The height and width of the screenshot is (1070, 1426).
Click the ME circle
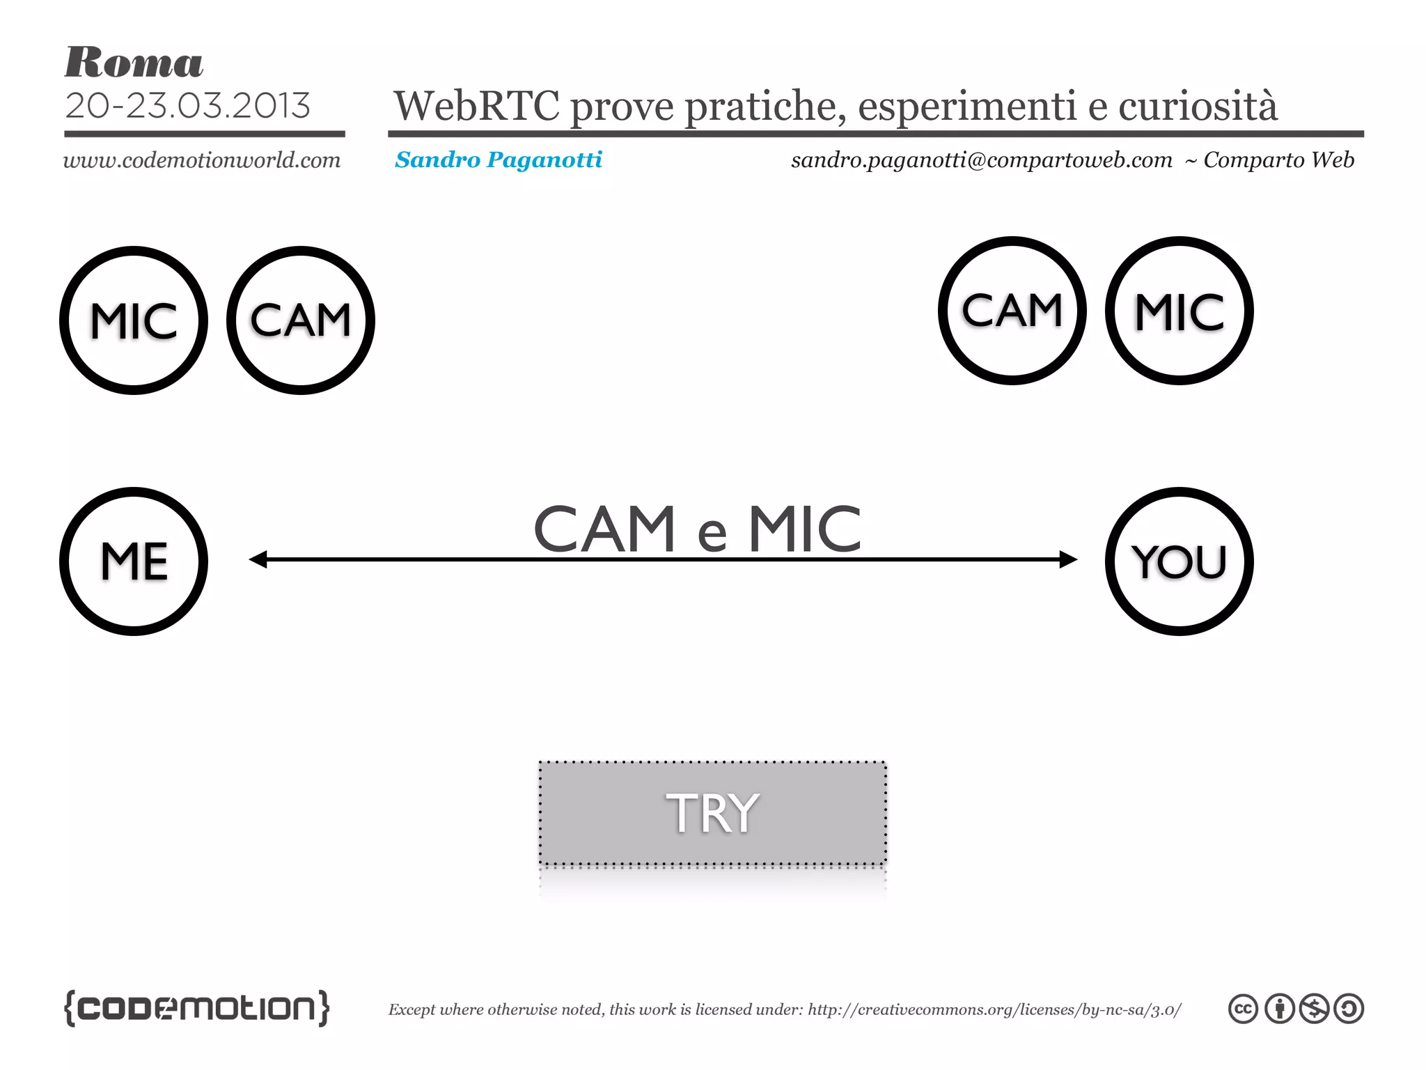point(134,561)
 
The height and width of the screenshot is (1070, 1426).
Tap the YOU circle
point(1179,561)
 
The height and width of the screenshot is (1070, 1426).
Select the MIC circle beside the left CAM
point(134,320)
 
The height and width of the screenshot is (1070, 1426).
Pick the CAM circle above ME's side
point(301,320)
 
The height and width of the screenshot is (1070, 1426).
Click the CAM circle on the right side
point(1012,311)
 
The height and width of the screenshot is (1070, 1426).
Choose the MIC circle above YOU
point(1179,311)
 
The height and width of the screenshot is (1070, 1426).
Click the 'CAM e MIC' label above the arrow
point(697,529)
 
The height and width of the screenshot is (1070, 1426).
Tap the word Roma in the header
point(134,63)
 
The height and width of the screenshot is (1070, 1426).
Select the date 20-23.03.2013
point(187,106)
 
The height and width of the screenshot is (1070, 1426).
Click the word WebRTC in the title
point(476,106)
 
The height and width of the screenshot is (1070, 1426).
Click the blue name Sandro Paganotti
point(499,160)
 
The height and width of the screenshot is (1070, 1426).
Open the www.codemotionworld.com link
point(202,160)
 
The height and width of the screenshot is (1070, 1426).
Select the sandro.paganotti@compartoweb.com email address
point(982,160)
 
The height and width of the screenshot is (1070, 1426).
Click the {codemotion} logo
point(196,1008)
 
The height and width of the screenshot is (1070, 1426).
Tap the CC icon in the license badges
point(1243,1009)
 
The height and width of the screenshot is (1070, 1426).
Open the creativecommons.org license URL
point(994,1009)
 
